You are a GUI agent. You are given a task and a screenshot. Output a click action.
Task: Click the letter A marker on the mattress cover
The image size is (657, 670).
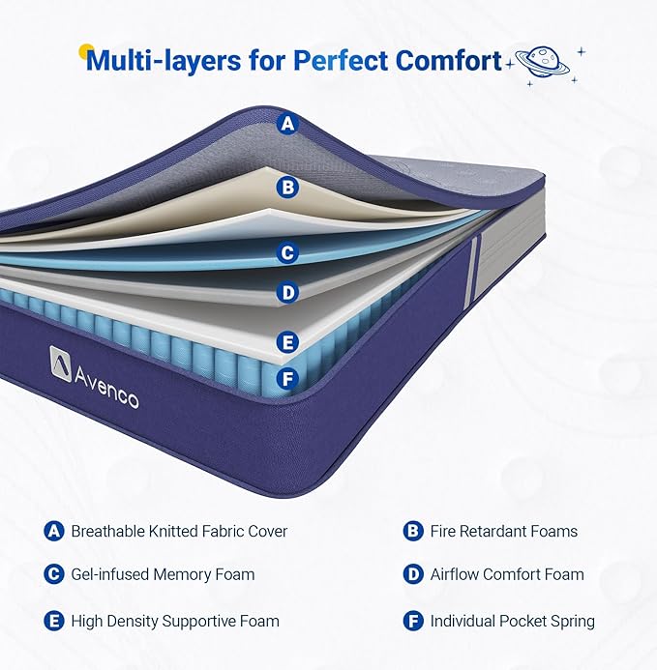coord(287,124)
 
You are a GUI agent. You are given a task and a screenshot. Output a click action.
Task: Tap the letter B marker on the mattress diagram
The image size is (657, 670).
coord(287,188)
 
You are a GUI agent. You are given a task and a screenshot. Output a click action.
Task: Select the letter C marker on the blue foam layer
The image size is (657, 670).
coord(287,252)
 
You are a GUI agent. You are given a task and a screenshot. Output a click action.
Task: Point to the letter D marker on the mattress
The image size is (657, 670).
coord(287,293)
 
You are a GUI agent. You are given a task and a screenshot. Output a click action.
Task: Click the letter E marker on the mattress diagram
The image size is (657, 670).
coord(287,342)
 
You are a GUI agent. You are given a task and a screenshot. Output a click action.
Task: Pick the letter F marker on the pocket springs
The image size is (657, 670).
coord(287,379)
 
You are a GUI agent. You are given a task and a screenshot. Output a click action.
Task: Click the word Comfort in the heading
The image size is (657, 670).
coord(448,60)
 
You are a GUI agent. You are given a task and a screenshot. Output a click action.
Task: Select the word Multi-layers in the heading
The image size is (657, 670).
coord(164,60)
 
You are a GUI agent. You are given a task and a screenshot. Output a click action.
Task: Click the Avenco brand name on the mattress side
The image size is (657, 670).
coord(106,388)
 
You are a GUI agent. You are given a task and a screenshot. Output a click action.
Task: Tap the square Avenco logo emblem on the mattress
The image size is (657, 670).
coord(61,364)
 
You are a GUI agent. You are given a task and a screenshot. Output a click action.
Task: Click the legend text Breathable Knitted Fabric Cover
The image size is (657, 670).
coord(179,531)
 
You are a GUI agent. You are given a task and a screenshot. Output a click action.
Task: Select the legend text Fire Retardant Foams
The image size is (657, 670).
coord(504,531)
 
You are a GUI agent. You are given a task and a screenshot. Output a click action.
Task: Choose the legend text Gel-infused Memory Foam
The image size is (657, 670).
coord(163,574)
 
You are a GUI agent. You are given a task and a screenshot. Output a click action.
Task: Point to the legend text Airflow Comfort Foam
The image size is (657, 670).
coord(507,574)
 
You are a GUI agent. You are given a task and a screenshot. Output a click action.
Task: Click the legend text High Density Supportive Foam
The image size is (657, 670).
coord(175,621)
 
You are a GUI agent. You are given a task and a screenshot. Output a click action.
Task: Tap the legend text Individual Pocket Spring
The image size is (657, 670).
coord(513,621)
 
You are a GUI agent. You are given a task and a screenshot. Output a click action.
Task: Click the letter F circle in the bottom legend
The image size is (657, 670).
coord(413,621)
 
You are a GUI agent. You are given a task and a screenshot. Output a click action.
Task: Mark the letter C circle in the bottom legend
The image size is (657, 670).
coord(54,574)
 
